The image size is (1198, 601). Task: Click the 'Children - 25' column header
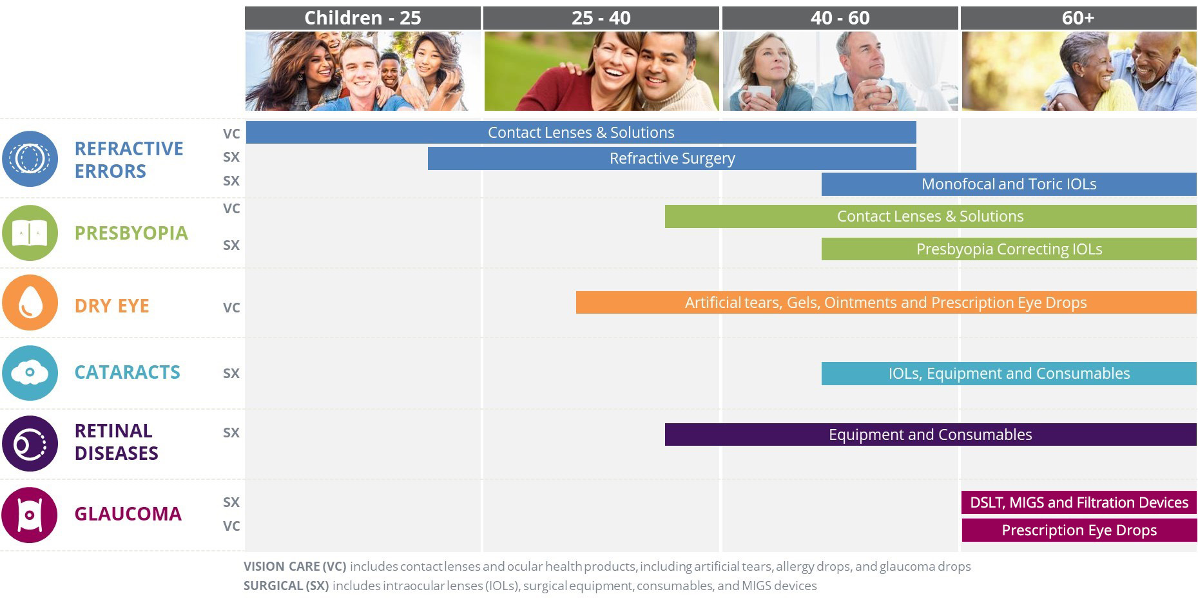(363, 18)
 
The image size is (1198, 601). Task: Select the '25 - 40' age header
(601, 18)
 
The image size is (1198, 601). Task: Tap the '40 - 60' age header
(840, 18)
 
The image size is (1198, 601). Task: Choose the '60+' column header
(1079, 18)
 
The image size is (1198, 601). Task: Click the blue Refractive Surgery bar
(672, 158)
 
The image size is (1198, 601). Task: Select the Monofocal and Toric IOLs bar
(1009, 184)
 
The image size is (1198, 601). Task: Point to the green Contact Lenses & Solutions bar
(931, 216)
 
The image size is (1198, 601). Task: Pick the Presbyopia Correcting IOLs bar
(1009, 249)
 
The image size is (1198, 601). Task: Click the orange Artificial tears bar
(886, 303)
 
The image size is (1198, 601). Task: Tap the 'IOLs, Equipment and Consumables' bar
(1009, 374)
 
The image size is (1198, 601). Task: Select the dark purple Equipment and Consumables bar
(931, 435)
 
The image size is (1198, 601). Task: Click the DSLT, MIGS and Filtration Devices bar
(1079, 502)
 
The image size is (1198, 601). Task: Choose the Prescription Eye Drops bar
(1079, 530)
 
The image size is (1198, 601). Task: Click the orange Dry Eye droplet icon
(30, 303)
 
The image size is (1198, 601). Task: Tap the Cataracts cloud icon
(30, 373)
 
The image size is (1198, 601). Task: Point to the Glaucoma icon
(30, 515)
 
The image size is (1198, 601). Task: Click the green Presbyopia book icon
(30, 233)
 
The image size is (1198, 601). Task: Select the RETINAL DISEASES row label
(116, 442)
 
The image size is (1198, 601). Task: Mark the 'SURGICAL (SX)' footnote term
(286, 586)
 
